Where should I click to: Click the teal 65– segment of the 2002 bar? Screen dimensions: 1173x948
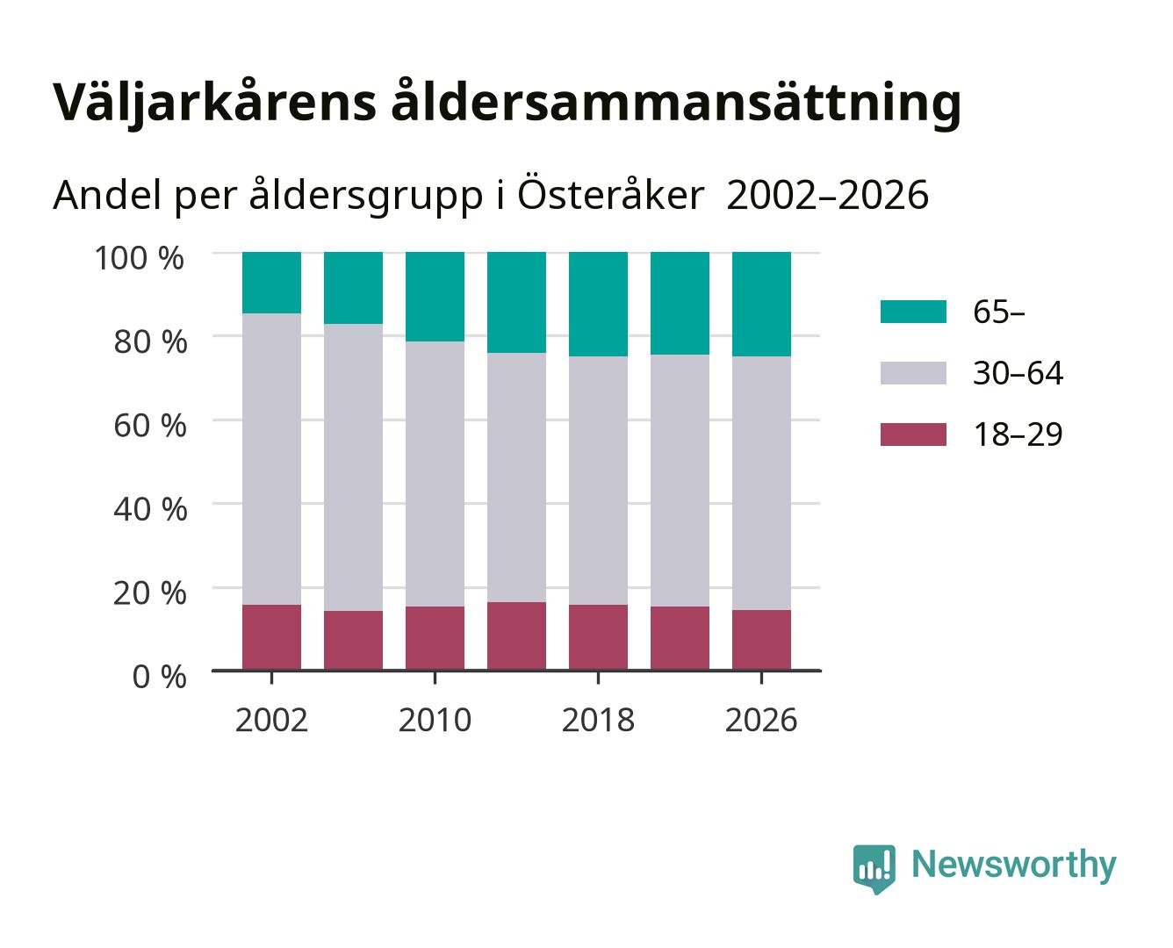point(271,283)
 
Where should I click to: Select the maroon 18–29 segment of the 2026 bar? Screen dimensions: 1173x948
point(761,640)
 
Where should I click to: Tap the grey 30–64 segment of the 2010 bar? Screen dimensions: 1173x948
point(435,473)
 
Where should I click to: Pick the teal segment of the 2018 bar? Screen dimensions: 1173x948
point(598,304)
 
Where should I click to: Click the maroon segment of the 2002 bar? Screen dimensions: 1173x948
point(271,637)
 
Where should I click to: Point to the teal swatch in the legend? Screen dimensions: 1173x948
point(913,311)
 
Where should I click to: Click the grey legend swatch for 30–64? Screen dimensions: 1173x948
point(913,373)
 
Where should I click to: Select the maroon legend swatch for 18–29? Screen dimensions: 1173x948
point(913,434)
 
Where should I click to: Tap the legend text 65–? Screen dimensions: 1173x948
point(998,312)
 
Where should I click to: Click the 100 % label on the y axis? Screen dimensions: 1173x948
point(139,258)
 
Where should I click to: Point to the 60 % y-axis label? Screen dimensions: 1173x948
point(150,425)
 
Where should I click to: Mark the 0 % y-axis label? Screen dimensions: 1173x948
point(159,676)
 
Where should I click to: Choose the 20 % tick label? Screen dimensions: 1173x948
point(150,592)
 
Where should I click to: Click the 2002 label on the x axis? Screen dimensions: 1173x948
point(271,720)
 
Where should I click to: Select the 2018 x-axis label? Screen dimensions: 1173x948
point(598,720)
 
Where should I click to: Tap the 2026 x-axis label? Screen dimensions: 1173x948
point(761,720)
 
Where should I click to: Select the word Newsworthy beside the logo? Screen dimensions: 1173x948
point(1014,865)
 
